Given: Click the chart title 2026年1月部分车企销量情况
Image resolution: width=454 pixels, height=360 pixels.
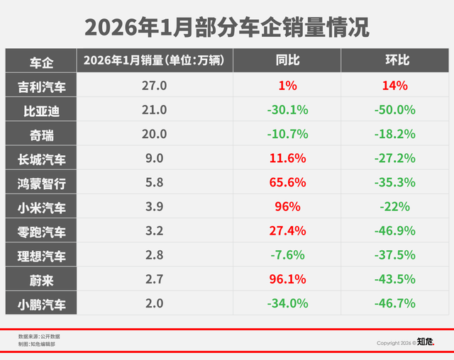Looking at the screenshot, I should [227, 26].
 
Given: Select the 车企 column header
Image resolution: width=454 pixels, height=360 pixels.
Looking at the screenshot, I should [42, 61].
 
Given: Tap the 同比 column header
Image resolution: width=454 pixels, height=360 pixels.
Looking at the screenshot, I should [287, 61].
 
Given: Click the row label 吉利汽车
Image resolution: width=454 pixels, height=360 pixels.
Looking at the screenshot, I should [42, 86].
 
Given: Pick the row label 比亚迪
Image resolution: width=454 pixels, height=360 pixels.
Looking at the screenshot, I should [42, 110].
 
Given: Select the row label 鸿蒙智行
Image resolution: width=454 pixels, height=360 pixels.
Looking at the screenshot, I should [42, 184].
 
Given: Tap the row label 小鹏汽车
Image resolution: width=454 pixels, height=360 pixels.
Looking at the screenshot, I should [42, 304].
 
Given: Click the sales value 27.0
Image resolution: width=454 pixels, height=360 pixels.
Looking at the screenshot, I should [154, 86].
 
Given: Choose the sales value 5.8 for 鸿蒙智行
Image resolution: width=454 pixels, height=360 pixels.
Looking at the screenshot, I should [154, 183].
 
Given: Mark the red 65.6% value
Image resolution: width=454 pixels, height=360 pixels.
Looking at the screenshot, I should [287, 183].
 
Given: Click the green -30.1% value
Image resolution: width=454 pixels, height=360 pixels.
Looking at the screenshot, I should [287, 110].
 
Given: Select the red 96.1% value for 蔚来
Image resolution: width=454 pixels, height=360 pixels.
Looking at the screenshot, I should [287, 279].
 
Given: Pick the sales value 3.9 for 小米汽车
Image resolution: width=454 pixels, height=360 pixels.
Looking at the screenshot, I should [154, 207].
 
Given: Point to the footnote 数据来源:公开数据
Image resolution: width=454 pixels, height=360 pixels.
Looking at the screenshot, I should [40, 336].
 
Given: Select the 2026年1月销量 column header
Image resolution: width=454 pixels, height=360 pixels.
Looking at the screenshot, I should [154, 61].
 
